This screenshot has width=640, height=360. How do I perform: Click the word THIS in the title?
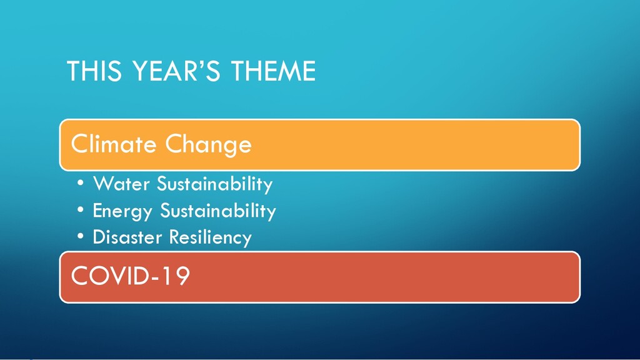coord(94,71)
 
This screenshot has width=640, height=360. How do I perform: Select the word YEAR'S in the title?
coord(177,71)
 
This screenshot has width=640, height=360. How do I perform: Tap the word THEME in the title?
coord(274,71)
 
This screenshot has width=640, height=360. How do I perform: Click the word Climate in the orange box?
coord(114,144)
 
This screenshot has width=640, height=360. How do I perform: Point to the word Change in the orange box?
coord(209,145)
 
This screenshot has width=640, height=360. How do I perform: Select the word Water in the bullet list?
coord(122,184)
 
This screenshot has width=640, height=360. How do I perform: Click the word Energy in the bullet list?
coord(122,211)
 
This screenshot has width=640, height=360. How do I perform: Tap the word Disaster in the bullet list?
coord(127,237)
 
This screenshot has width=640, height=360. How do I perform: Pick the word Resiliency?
coord(211,238)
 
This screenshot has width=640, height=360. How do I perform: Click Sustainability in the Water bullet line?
coord(215,184)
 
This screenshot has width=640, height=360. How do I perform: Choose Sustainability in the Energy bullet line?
coord(218,211)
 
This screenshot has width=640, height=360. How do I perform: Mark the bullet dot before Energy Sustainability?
coord(81,209)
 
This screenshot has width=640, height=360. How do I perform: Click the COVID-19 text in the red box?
coord(131,276)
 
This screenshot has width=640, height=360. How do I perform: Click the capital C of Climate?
coord(80,144)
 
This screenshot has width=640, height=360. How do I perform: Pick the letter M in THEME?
coord(289,71)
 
